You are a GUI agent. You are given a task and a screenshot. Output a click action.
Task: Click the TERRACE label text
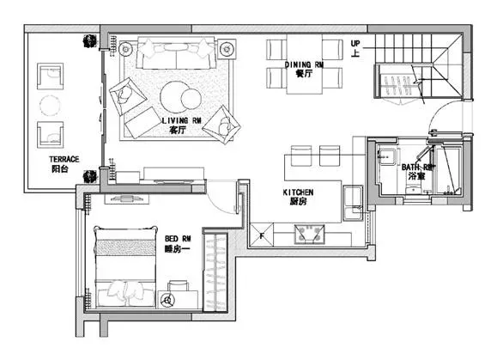(x=64, y=159)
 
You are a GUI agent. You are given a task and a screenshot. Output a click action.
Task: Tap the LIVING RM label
(x=181, y=121)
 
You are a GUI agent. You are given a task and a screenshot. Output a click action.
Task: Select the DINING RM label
(x=304, y=65)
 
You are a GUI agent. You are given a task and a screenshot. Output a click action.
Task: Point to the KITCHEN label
(x=298, y=192)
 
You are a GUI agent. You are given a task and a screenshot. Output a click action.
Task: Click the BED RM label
(x=178, y=239)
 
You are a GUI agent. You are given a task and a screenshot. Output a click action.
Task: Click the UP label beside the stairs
(x=355, y=43)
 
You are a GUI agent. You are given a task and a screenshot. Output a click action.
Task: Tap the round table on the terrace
(x=50, y=106)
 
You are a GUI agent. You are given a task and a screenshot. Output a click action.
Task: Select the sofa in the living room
(x=176, y=53)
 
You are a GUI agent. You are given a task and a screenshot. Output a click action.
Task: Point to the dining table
(x=304, y=64)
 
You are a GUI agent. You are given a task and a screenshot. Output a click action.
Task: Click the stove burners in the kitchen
(x=310, y=234)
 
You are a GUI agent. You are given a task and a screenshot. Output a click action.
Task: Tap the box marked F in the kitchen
(x=262, y=235)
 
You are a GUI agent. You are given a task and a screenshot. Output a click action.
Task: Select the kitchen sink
(x=353, y=203)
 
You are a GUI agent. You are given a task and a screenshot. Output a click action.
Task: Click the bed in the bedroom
(x=125, y=266)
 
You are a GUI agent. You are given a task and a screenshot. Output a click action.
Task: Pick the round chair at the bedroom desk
(x=167, y=301)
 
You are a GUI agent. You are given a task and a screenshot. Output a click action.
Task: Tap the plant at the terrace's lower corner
(x=90, y=177)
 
